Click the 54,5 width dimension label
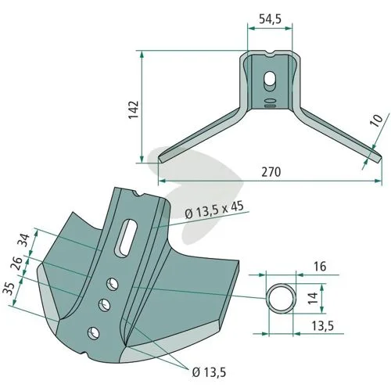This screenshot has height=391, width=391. (x=270, y=20)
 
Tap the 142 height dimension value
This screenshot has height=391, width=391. (x=134, y=109)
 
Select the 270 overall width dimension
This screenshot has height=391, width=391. (x=271, y=172)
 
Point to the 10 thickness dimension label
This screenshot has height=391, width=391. (x=377, y=120)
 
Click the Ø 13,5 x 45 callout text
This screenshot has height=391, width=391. (x=214, y=210)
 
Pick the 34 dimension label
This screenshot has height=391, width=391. (x=25, y=240)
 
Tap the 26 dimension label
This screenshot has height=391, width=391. (x=16, y=264)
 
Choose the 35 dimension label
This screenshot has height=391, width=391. (x=9, y=289)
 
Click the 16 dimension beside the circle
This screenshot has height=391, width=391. (x=320, y=267)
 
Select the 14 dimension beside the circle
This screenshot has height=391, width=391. (x=313, y=298)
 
